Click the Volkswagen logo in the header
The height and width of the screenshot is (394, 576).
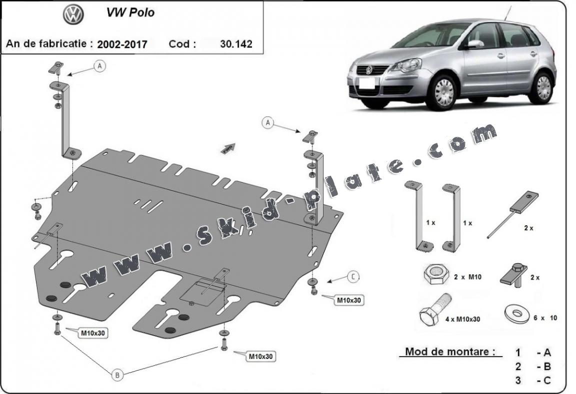coord(72,14)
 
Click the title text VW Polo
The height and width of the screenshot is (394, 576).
coord(130,13)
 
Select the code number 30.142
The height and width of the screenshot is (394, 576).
coord(236,43)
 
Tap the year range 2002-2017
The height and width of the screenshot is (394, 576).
coord(122,44)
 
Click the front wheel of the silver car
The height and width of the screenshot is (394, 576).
coord(443,93)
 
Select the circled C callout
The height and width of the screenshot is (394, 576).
coord(353,276)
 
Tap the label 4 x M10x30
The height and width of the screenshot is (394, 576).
coord(462,318)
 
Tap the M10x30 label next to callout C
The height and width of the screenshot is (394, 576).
coord(349,300)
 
